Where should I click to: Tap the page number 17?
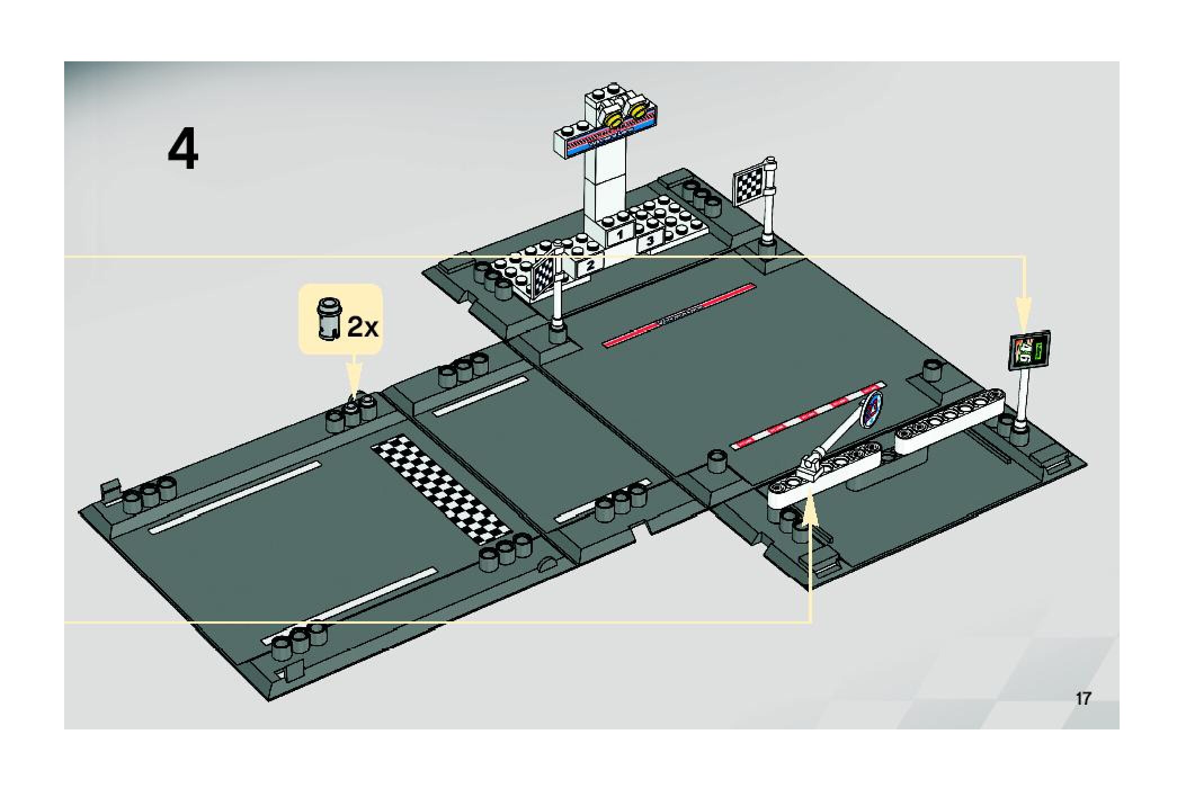tap(1083, 699)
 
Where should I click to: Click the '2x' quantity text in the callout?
tap(363, 326)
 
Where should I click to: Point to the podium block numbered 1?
tap(620, 234)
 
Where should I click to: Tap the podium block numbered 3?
tap(649, 241)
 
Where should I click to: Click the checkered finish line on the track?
tap(442, 490)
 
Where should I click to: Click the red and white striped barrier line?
tap(805, 417)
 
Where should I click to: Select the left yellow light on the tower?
tap(613, 120)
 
